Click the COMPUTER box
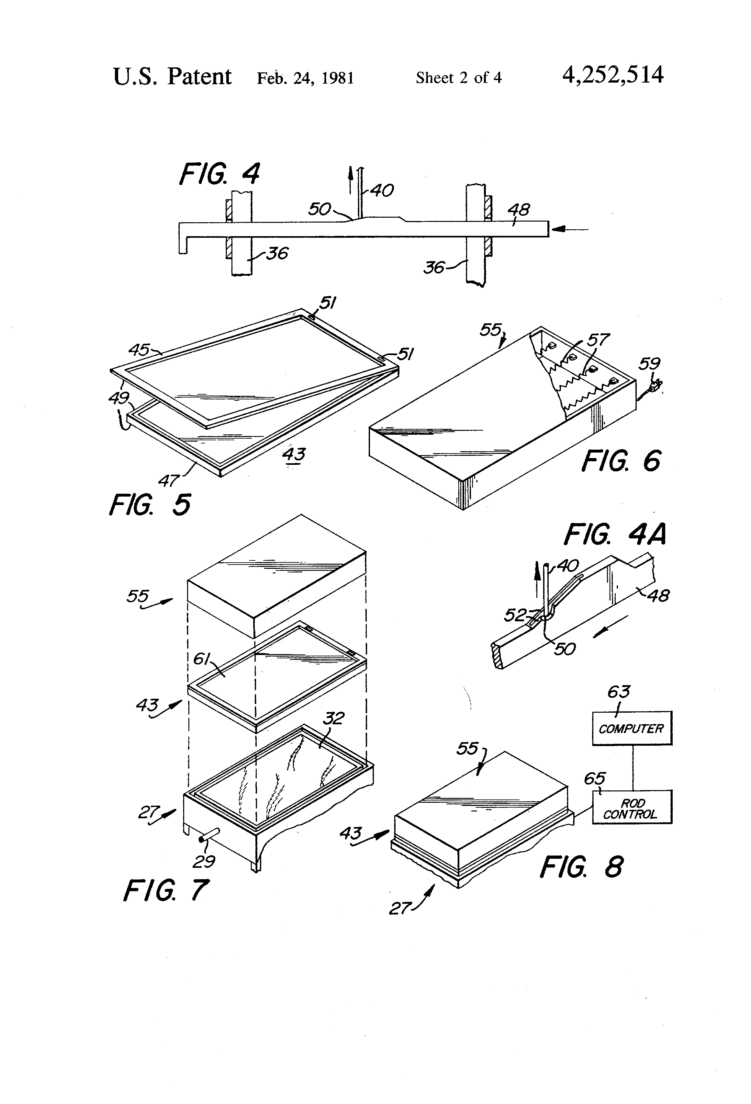631,728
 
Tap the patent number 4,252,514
612,75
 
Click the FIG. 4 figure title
219,174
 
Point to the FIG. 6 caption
621,461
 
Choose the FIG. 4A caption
615,535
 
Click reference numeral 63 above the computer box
619,692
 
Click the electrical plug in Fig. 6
655,386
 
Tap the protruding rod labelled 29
209,835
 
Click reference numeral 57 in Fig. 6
598,340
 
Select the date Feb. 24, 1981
305,78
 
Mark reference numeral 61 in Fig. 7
202,659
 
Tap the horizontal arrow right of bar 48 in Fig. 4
570,229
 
